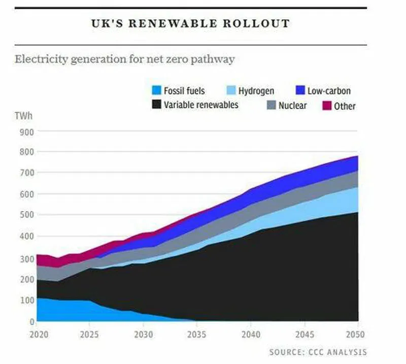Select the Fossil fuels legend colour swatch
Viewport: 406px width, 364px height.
(156, 91)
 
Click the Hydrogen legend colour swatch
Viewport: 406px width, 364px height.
(230, 91)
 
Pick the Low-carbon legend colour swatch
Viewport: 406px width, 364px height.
(300, 91)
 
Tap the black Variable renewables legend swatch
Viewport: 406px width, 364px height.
(156, 105)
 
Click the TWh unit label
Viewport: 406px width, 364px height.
(22, 116)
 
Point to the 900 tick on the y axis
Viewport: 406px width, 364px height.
(27, 131)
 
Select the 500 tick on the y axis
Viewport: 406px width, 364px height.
(27, 215)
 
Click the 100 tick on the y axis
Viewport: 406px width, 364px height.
(27, 300)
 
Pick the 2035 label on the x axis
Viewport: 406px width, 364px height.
(196, 335)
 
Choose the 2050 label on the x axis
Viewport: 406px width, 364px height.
(356, 335)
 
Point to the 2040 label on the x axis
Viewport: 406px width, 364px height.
(250, 335)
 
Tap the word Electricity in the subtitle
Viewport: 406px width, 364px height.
(40, 59)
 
